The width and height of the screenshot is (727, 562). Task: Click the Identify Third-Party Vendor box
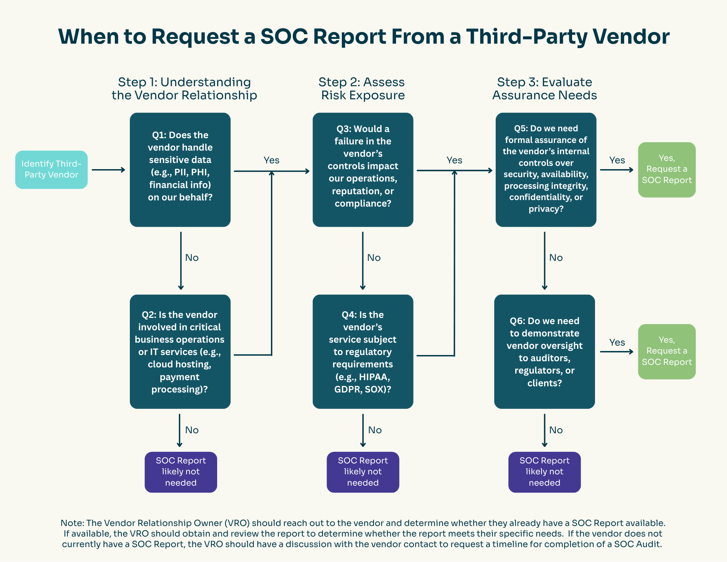51,170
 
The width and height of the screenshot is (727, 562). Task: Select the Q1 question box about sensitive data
180,170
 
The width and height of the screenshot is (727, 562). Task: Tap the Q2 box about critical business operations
180,351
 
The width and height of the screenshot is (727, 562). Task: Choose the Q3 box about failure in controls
363,170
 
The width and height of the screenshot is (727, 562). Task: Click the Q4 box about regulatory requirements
363,351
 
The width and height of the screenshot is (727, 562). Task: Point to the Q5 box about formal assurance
546,170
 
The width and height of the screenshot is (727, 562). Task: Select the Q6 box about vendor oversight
544,351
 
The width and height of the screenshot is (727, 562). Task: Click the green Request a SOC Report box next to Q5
667,170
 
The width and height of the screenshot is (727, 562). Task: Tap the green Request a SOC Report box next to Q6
667,351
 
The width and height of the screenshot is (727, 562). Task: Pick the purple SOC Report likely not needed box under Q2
181,472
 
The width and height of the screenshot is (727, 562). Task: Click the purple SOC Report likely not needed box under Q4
363,472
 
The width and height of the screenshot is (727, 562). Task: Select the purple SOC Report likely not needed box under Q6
544,472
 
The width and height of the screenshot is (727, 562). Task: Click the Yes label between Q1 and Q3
271,160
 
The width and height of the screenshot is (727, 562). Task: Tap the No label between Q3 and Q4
374,258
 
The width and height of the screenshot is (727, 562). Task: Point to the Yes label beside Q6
617,342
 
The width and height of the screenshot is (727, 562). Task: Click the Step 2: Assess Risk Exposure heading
362,88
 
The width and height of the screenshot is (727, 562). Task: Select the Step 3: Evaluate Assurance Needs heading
544,88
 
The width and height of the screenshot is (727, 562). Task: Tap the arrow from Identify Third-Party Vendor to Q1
108,170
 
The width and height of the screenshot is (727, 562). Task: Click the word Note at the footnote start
72,523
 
